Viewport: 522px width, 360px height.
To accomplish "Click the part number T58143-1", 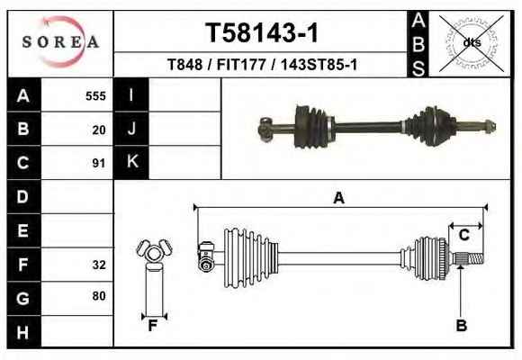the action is [262, 32].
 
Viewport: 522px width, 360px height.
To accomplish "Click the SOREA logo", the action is [60, 42].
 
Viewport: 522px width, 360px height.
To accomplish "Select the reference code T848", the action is [184, 64].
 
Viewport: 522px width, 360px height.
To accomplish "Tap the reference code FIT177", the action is [241, 64].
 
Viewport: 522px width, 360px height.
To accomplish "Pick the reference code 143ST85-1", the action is [319, 64].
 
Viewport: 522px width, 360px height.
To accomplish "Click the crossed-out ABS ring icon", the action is [472, 43].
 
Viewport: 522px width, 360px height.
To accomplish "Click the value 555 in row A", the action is [95, 96].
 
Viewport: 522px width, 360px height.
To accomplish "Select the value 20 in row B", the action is [99, 130].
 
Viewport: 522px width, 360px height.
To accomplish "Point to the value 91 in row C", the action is [99, 163].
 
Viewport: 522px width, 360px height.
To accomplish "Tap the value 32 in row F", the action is [99, 265].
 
